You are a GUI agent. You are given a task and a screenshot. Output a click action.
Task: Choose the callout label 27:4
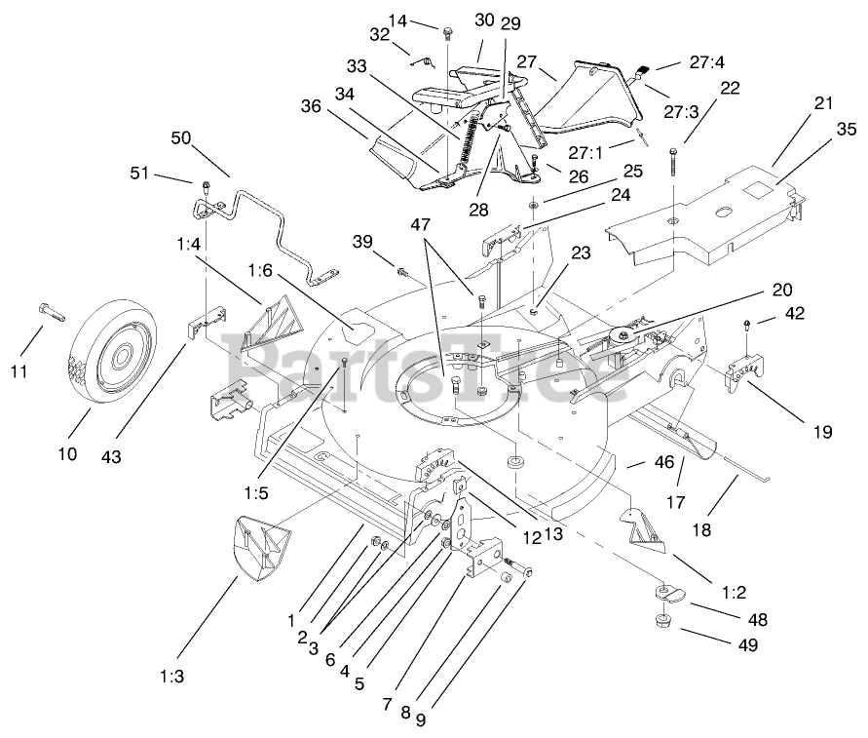[x=708, y=62]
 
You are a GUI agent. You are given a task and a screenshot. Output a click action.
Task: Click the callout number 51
[x=141, y=174]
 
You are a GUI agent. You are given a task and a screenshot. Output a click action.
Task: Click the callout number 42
[x=795, y=314]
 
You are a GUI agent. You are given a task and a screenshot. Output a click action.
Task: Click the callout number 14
[x=397, y=19]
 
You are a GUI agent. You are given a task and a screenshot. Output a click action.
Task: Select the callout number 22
[x=730, y=87]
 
